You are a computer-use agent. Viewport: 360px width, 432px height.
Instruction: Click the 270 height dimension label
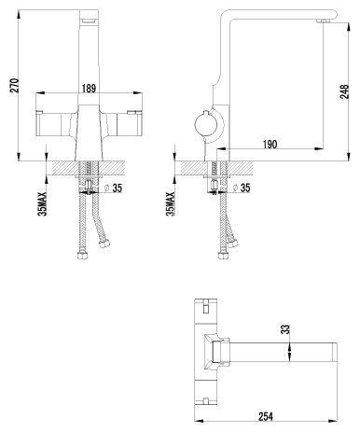pos(15,86)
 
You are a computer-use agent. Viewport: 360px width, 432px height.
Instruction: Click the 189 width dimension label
pos(90,89)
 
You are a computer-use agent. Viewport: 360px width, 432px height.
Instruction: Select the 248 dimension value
pos(344,91)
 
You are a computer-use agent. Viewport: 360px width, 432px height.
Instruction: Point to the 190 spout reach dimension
pos(270,145)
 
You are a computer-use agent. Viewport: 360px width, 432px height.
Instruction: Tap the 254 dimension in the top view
pos(266,416)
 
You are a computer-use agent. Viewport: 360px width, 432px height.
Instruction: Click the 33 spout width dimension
pos(285,329)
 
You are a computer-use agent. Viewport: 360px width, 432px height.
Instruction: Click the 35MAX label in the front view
pos(42,204)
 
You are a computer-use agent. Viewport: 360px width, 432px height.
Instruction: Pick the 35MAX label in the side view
pos(171,204)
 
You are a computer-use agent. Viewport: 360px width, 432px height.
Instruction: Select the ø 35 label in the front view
pos(113,188)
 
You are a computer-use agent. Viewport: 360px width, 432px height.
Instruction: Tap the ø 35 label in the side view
pos(242,188)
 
